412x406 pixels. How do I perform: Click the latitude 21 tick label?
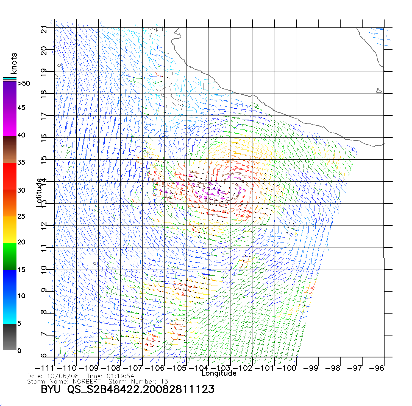44,29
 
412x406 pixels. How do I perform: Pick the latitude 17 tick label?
44,116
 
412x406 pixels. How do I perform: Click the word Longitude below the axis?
219,373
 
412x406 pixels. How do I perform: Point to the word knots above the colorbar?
13,63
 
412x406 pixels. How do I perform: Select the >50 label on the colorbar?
24,83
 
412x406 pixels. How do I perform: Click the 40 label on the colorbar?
21,135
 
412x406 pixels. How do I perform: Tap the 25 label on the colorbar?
21,216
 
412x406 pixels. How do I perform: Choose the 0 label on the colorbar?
19,351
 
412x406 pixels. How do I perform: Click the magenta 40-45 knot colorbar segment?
9,122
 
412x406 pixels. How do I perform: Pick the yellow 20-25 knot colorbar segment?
9,230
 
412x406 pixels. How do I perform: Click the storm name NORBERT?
87,382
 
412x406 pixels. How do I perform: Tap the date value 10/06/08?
63,376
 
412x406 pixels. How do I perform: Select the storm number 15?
164,382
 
